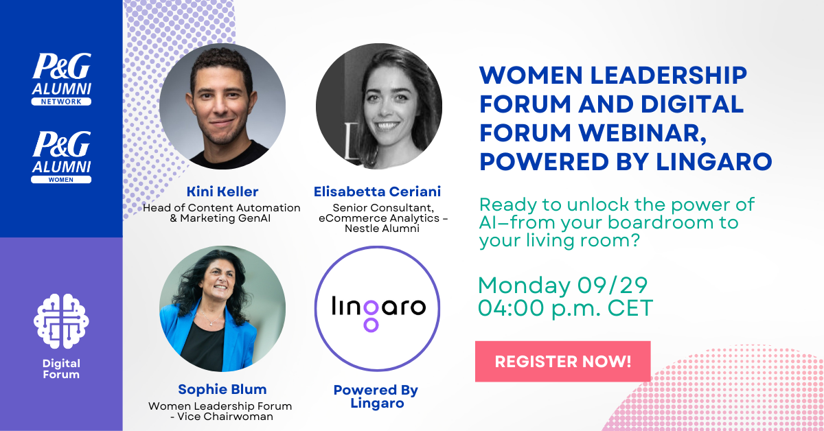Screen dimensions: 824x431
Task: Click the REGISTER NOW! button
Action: pos(563,362)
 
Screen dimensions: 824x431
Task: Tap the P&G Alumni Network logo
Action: pos(61,79)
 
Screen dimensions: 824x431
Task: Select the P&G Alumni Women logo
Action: pos(61,157)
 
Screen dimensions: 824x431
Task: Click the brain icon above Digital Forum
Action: pos(61,321)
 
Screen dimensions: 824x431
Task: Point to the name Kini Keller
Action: pos(222,191)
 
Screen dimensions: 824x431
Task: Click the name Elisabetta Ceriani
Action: pos(377,191)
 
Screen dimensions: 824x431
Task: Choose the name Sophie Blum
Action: pos(222,389)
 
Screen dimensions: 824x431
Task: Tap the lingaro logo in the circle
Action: pos(378,312)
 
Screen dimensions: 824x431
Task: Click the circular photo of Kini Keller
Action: pos(222,106)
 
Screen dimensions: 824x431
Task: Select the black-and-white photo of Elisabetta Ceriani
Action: pos(379,106)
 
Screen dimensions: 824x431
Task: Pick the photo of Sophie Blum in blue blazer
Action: pos(222,309)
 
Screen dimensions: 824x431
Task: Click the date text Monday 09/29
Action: pos(562,286)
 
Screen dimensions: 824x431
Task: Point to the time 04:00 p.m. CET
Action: pos(565,308)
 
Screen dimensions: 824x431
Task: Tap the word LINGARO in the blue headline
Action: pos(713,162)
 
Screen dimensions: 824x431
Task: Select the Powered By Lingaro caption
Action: pos(376,397)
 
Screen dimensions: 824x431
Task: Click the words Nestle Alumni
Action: pos(382,229)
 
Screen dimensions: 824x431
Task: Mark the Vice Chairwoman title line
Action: pos(221,417)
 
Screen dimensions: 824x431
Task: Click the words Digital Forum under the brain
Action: pos(61,369)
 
